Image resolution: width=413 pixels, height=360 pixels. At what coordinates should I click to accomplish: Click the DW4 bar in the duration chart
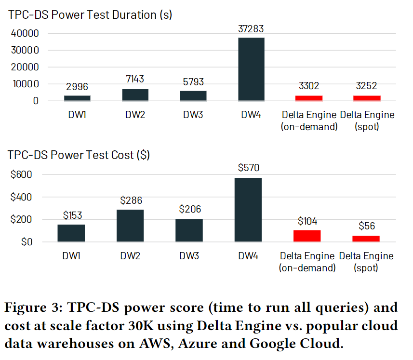coord(251,69)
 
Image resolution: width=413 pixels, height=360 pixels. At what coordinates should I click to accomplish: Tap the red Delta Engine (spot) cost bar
coord(366,239)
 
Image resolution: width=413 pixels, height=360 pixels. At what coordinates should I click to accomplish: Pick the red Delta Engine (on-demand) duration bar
coord(308,98)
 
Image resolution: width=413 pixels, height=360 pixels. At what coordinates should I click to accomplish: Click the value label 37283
coord(251,29)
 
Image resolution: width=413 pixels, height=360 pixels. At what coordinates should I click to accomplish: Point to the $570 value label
coord(248,168)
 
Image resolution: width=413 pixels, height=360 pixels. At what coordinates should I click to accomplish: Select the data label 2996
coord(77,87)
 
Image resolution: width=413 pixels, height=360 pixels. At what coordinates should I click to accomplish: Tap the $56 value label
coord(366,226)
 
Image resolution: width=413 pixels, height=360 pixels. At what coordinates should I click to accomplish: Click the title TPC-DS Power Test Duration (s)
coord(90,14)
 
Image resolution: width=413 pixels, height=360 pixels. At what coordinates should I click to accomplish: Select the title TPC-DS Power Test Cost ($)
coord(79,155)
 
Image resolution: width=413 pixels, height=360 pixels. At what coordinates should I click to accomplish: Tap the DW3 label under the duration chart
coord(193,115)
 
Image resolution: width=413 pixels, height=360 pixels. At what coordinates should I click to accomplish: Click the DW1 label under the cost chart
coord(71,256)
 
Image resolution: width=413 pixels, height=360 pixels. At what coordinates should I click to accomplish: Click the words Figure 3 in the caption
coord(32,307)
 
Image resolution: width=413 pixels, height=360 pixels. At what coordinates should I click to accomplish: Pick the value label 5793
coord(193,82)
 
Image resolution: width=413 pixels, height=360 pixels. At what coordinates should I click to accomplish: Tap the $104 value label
coord(307,221)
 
